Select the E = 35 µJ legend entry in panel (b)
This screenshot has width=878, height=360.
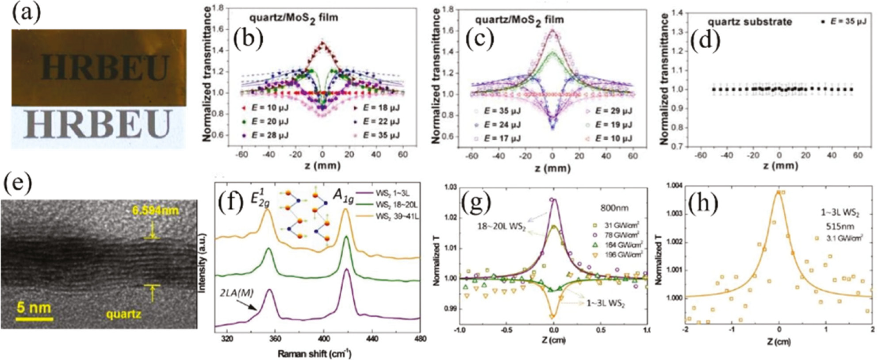tap(380, 135)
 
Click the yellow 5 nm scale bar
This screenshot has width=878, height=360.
tap(35, 318)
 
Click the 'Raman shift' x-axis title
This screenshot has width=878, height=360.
tap(314, 353)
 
